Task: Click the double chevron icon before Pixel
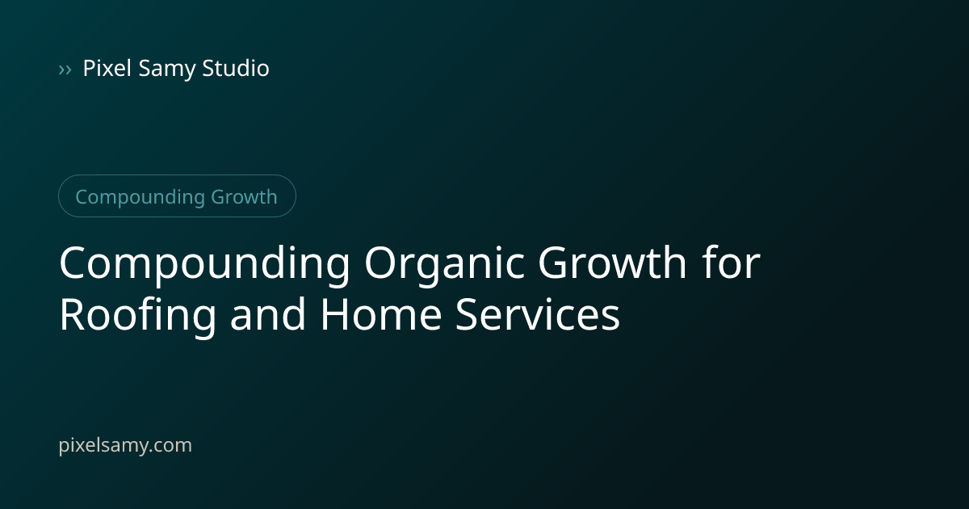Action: pyautogui.click(x=65, y=69)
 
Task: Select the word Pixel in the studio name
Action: pyautogui.click(x=107, y=68)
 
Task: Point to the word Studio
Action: pyautogui.click(x=236, y=68)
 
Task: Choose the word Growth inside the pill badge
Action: pyautogui.click(x=244, y=197)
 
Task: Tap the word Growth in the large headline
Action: pyautogui.click(x=612, y=263)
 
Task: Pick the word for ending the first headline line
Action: pyautogui.click(x=731, y=262)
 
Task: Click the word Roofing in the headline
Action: pyautogui.click(x=137, y=315)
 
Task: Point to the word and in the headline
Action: pyautogui.click(x=267, y=313)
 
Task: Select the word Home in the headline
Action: pyautogui.click(x=380, y=314)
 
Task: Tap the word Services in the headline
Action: pyautogui.click(x=537, y=314)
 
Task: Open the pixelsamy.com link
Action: pyautogui.click(x=125, y=445)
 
